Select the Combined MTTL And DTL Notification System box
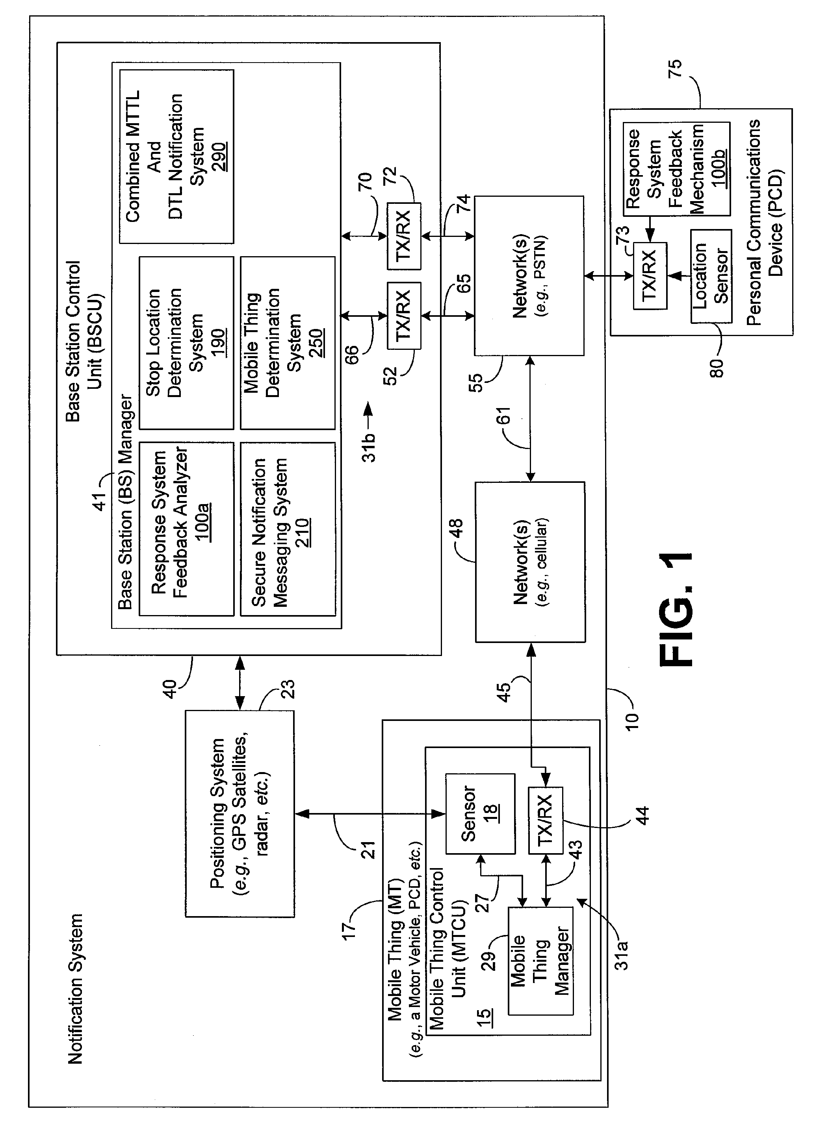[x=176, y=156]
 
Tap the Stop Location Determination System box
[x=186, y=343]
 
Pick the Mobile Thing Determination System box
[x=288, y=343]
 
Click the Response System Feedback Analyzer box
[x=186, y=528]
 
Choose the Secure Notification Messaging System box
[x=288, y=528]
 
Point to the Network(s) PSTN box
[x=529, y=276]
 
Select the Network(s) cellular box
[x=530, y=562]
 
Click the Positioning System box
[x=240, y=813]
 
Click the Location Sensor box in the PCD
[x=711, y=276]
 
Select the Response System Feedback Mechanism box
[x=676, y=169]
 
